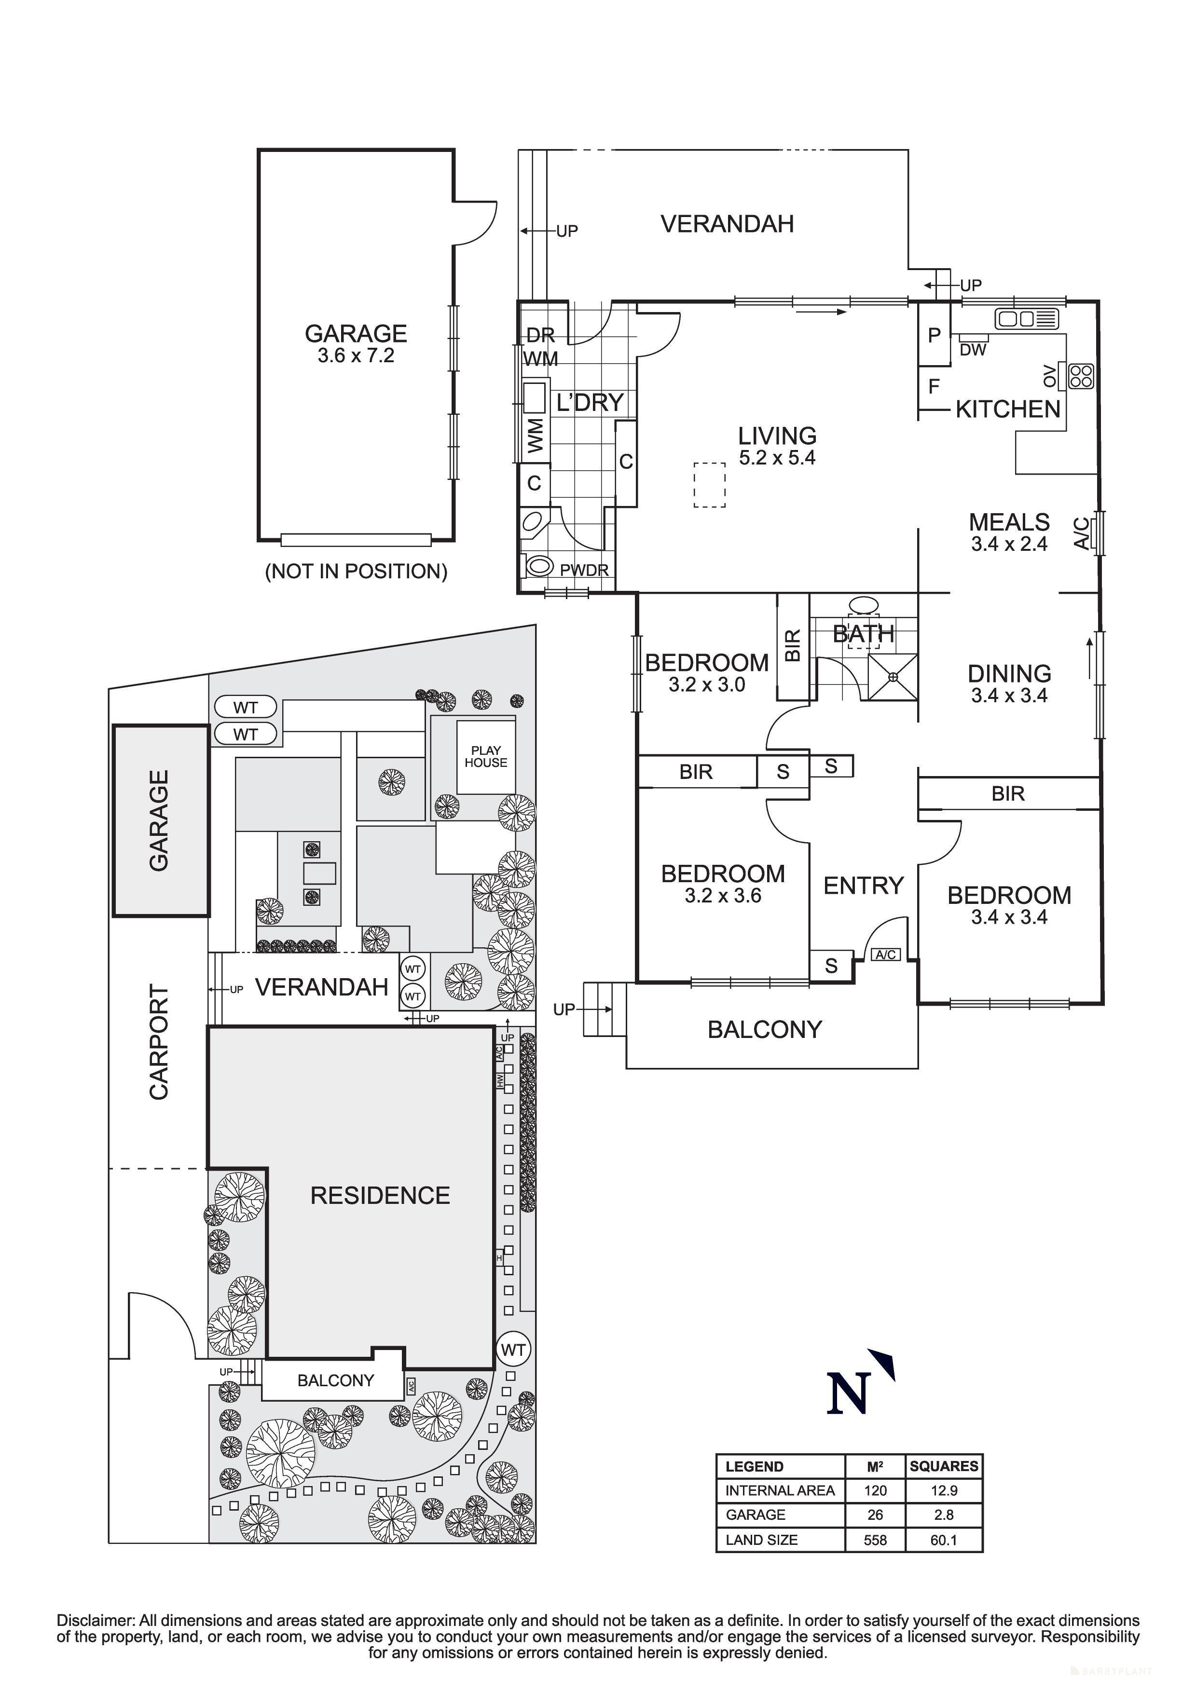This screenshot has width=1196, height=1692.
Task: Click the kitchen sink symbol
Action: point(1027,319)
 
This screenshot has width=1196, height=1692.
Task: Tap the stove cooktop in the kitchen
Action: point(1081,376)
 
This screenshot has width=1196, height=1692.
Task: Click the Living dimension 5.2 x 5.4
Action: point(777,458)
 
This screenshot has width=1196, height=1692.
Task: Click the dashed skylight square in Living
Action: point(709,485)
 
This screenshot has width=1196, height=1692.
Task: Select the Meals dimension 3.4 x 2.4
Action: point(1008,544)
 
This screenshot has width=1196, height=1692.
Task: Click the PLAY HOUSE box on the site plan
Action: point(486,757)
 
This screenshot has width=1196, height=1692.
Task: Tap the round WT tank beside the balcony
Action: point(513,1350)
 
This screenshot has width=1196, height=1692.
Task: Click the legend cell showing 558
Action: point(875,1540)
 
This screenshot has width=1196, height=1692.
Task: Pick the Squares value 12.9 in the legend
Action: point(943,1490)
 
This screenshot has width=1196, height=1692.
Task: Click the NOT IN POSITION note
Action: point(356,571)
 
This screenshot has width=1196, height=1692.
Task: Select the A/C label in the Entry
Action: point(885,955)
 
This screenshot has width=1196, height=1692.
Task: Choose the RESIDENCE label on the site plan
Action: point(380,1195)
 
